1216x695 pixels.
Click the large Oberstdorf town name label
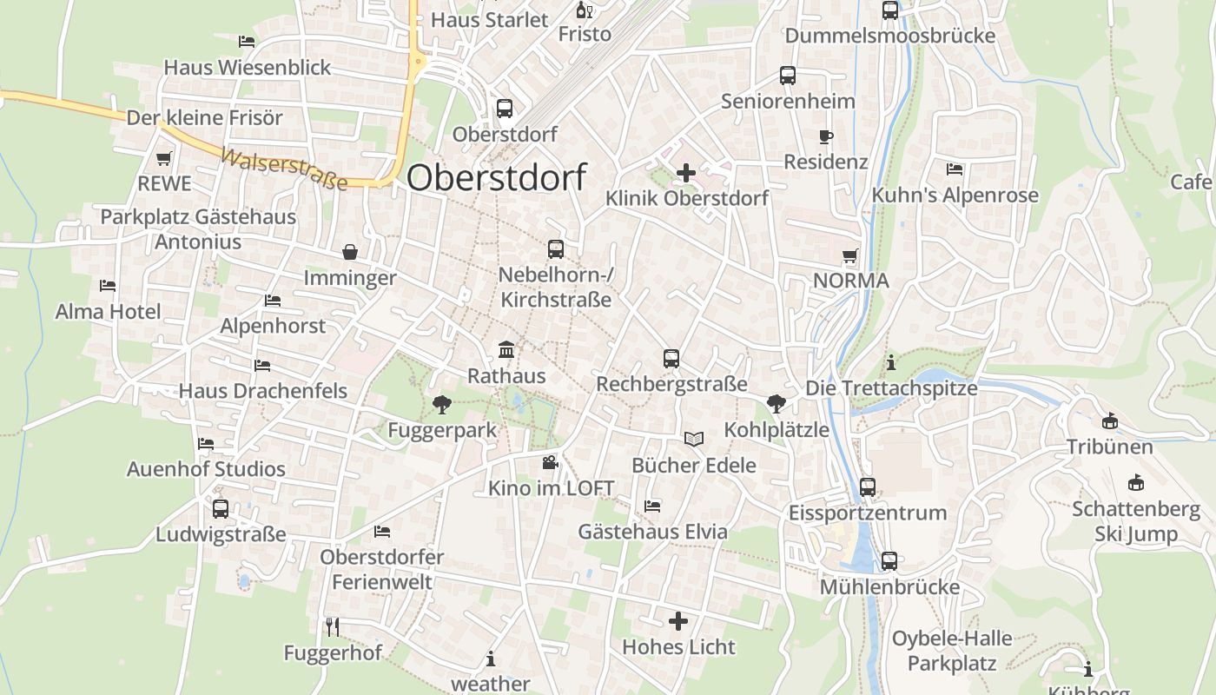[496, 177]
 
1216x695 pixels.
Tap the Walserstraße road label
[284, 169]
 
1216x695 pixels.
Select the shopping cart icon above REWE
[164, 158]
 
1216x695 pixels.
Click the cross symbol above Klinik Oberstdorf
[686, 173]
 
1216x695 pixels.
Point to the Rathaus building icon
[506, 350]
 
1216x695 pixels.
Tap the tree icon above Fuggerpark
[442, 404]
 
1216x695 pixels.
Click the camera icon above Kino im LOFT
[550, 463]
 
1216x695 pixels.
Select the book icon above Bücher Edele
[693, 440]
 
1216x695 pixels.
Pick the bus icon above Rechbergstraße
[671, 358]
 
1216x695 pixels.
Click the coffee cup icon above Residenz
[825, 136]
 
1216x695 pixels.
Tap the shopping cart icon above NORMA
[850, 256]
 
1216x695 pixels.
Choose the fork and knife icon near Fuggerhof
[332, 626]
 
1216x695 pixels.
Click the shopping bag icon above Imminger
[350, 252]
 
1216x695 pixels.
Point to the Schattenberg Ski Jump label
[1135, 521]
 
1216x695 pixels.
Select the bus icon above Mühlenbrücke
[889, 561]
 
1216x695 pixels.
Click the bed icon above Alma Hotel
[108, 285]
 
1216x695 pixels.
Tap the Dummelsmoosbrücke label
[890, 36]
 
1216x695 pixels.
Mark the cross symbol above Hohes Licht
[678, 621]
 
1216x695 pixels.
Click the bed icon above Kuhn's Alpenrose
[955, 169]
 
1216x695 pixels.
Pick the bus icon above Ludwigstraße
[221, 508]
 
